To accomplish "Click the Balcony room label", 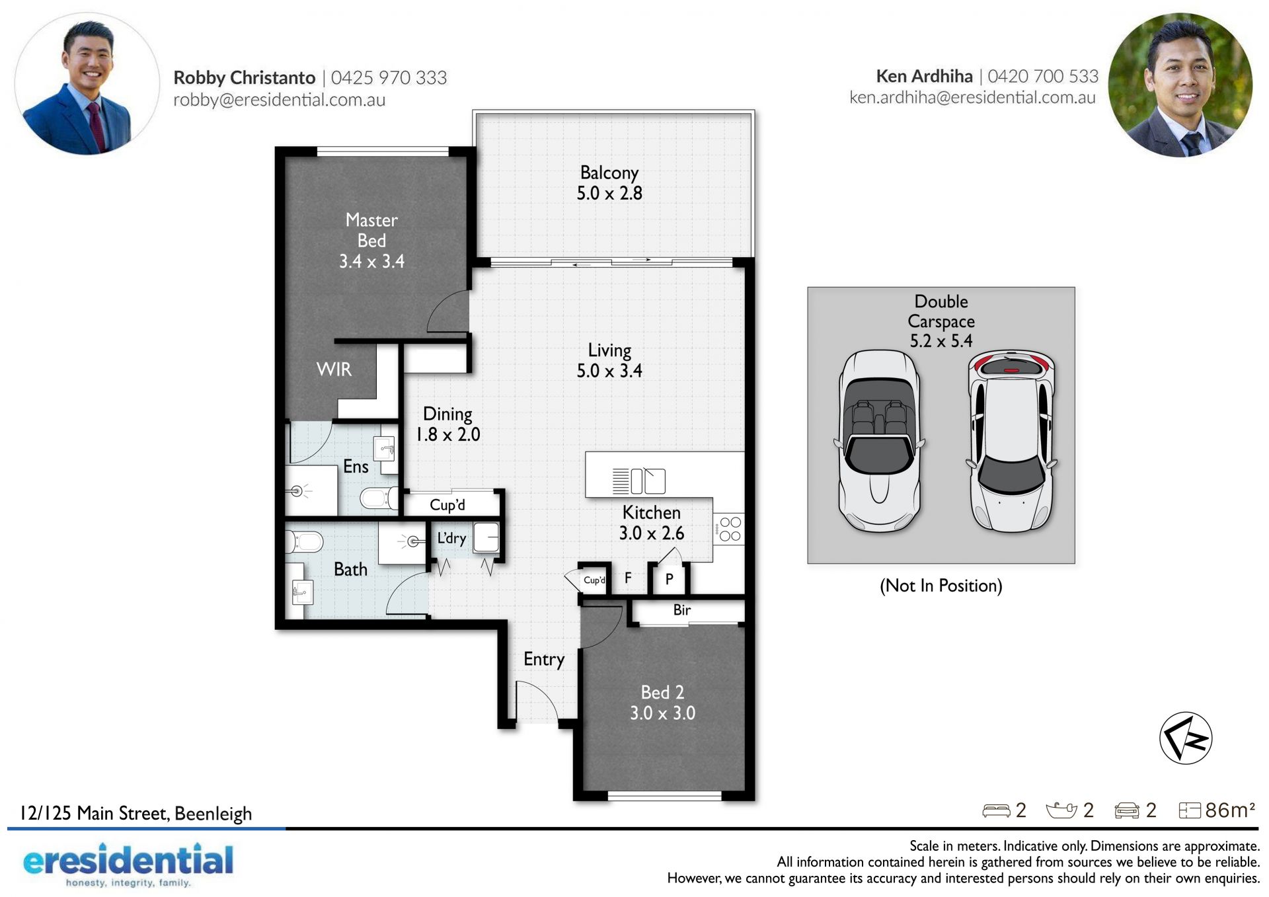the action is point(609,173).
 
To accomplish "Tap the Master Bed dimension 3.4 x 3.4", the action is point(371,261).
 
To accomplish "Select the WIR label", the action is point(334,369).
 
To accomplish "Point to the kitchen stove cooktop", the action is point(729,529).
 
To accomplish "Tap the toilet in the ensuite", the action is point(379,498).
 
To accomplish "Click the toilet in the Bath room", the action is point(303,542).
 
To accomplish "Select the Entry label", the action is point(544,659).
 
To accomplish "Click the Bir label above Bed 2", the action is point(682,609).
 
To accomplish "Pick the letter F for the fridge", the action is point(628,578).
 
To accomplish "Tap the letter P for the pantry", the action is point(670,579).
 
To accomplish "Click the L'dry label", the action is point(452,538).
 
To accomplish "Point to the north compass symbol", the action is point(1186,738).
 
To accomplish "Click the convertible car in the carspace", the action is point(880,440).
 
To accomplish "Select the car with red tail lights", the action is point(1011,441).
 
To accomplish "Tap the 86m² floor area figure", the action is point(1230,810).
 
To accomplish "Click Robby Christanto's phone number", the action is point(389,77).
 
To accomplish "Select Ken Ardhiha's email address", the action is point(972,98).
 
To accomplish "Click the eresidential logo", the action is point(128,863).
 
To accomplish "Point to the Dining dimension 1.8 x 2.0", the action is point(447,434).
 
